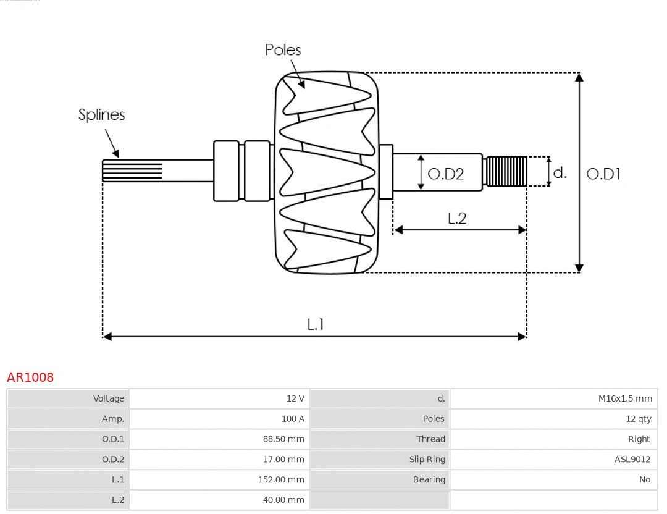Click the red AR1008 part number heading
click(30, 377)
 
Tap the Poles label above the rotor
click(283, 50)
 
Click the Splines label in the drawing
click(101, 115)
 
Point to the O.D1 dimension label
click(603, 174)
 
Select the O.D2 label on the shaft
click(445, 174)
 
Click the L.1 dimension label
click(316, 324)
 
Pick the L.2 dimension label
click(456, 218)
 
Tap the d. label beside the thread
click(560, 173)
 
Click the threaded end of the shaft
click(506, 172)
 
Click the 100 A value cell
click(293, 419)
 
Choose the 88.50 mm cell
click(283, 439)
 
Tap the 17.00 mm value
click(283, 460)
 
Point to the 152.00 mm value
click(281, 480)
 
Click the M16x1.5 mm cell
click(625, 398)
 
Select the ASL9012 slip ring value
click(632, 460)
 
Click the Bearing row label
click(429, 480)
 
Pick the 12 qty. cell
click(639, 419)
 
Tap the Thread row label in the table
click(430, 439)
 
